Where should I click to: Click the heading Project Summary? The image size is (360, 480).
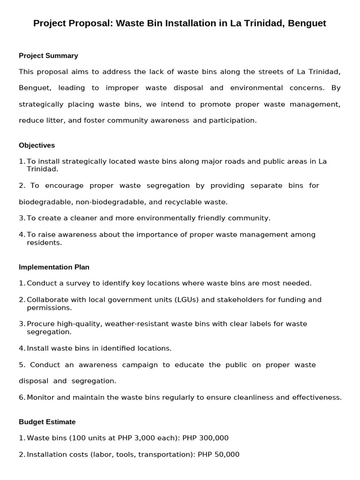[x=48, y=56]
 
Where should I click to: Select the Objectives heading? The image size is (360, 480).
[x=37, y=145]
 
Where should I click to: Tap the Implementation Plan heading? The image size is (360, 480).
[x=54, y=267]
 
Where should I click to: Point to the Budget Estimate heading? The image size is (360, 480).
[x=47, y=422]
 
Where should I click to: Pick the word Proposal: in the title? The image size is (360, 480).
[x=90, y=23]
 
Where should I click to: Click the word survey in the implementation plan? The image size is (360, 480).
[x=76, y=283]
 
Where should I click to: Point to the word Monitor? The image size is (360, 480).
[x=41, y=397]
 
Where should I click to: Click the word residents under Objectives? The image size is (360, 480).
[x=44, y=243]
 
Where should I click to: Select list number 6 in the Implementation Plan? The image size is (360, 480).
[x=22, y=397]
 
